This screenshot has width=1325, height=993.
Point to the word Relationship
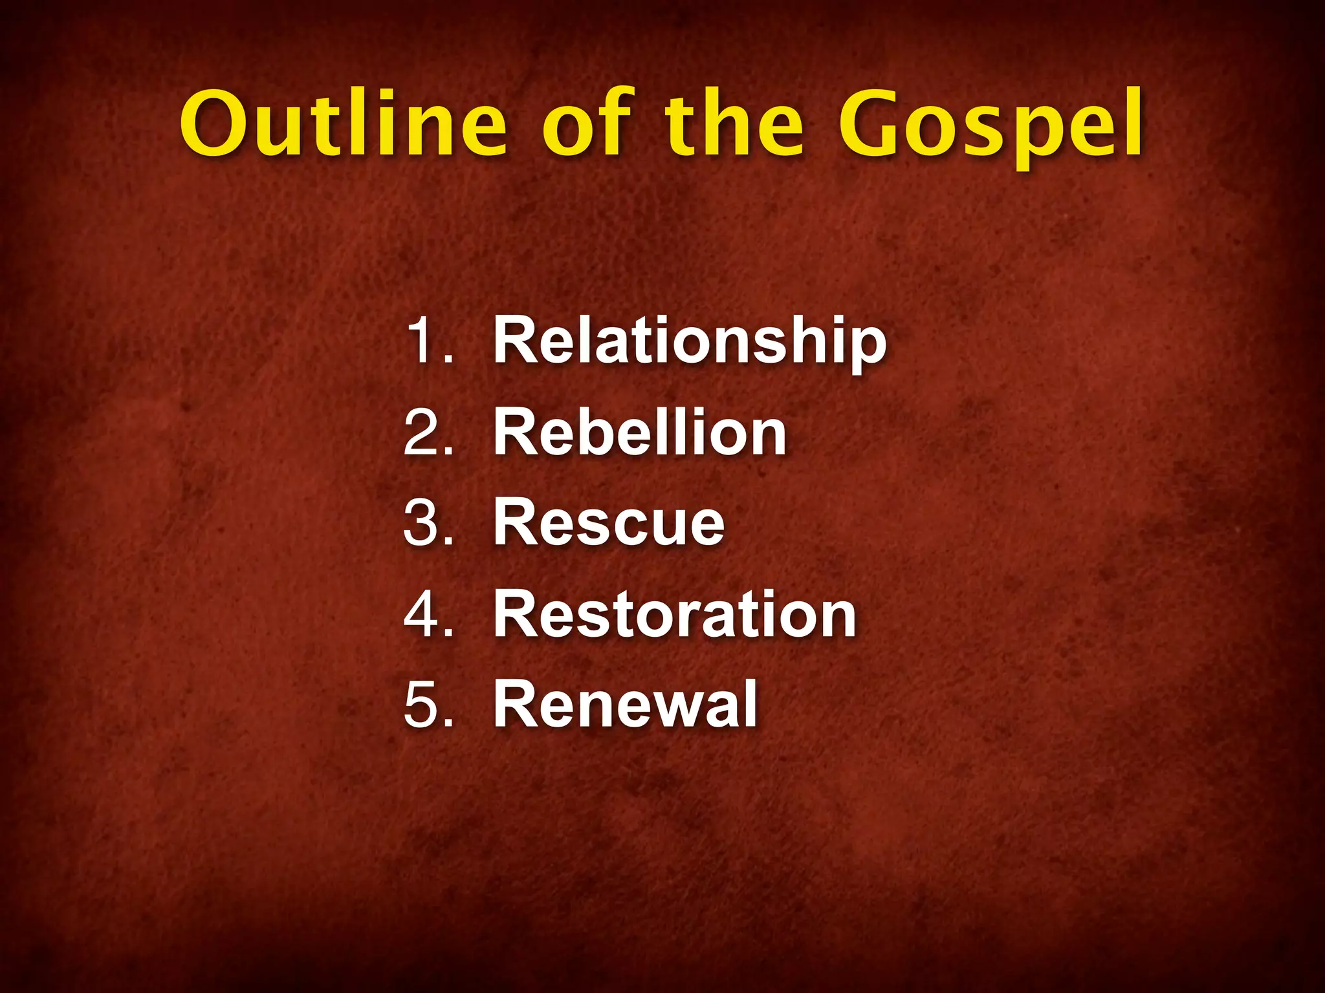[x=689, y=341]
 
